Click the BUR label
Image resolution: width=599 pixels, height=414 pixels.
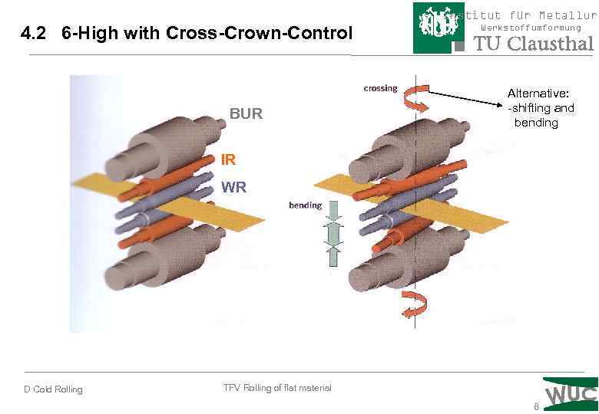[x=246, y=114]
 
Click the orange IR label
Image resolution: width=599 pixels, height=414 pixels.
[x=228, y=160]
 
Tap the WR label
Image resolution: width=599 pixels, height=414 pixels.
[x=233, y=186]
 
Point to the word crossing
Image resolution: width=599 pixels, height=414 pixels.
[x=380, y=88]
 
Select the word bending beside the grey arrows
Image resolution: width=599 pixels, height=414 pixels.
[x=305, y=205]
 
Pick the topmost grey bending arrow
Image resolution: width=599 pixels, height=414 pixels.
[x=334, y=211]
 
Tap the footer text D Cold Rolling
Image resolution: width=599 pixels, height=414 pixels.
[x=53, y=389]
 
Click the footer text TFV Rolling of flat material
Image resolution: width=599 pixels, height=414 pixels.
[x=277, y=388]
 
